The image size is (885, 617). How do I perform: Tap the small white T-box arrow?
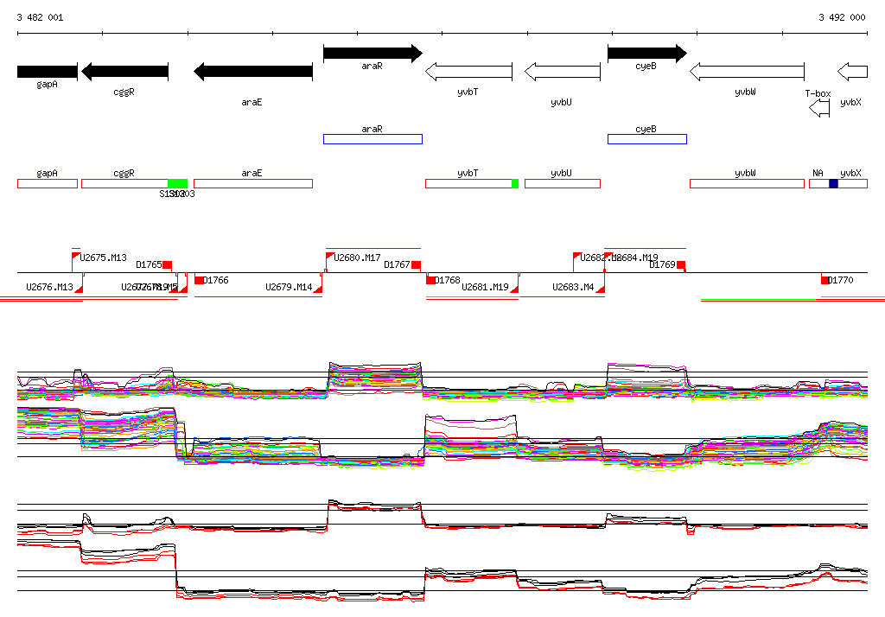[818, 108]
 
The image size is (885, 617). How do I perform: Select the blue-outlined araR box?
[372, 138]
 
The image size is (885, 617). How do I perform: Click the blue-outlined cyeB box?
[646, 138]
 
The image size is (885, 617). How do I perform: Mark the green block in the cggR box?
[177, 183]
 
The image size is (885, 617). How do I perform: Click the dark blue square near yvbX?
[833, 183]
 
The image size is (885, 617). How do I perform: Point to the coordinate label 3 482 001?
[40, 17]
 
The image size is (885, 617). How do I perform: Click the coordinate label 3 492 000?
[842, 17]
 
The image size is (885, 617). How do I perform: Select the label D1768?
[448, 280]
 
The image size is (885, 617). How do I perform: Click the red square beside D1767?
[416, 264]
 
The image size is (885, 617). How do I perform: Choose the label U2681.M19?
[485, 287]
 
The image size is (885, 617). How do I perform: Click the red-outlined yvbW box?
[746, 183]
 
